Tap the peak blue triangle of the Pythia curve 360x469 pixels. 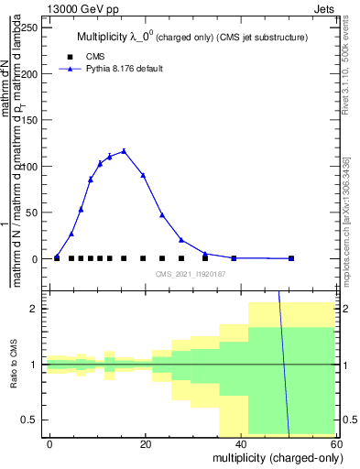[124, 151]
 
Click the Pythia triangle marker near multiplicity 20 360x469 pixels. [143, 175]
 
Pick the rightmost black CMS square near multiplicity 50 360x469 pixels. [291, 258]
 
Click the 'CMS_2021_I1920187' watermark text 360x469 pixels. [191, 274]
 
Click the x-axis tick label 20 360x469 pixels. [146, 443]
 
